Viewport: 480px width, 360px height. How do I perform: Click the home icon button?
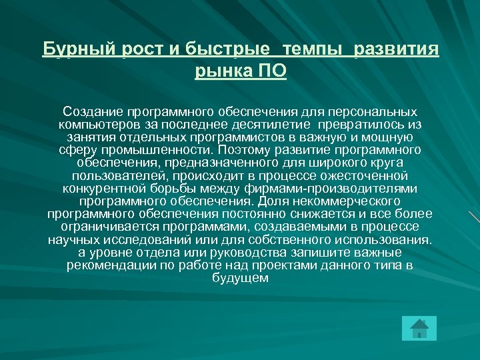coord(419,329)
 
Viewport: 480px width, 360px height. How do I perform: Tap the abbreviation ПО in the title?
coord(271,71)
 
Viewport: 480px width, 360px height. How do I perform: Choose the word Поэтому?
coord(252,151)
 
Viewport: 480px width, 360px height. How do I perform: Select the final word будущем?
coord(240,278)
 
